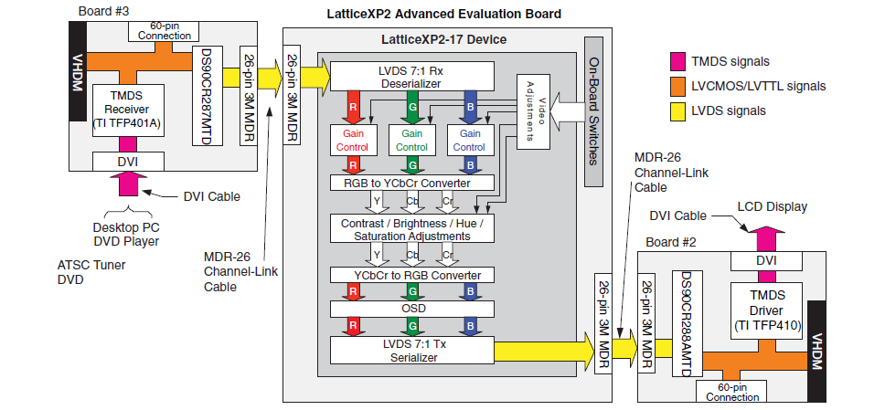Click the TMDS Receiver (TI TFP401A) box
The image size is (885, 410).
128,112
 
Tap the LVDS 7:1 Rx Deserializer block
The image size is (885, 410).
411,76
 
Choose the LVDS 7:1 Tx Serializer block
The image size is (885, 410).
411,350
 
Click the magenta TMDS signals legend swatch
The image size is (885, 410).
677,62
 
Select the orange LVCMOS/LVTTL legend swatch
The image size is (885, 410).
677,87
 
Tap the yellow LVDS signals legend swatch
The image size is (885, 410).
677,110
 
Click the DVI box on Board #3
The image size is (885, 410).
128,161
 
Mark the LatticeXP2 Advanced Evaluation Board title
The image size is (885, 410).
443,14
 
